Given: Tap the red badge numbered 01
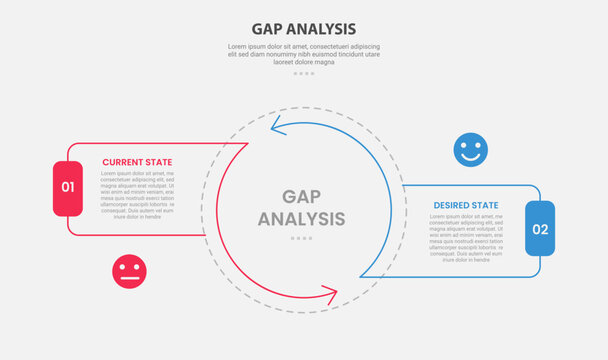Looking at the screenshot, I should tap(68, 187).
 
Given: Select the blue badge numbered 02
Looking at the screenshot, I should tap(540, 228).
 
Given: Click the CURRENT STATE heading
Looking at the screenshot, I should tap(137, 162).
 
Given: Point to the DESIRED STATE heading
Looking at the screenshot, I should tap(466, 205).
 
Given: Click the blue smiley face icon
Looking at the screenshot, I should tap(470, 150).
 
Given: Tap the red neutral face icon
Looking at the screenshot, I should tap(129, 272).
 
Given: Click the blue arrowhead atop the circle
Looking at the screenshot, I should tap(279, 127).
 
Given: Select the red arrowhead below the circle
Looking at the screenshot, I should tap(329, 294).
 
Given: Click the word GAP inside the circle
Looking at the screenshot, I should tap(302, 197).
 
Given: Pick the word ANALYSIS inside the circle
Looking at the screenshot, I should tap(302, 219).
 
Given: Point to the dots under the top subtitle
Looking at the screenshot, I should tap(303, 74).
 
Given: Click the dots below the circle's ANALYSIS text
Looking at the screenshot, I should tap(302, 239).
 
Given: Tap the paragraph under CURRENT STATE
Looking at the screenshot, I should tap(137, 195).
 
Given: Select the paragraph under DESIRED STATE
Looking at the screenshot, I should tap(466, 238).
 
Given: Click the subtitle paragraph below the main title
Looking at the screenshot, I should tap(303, 54).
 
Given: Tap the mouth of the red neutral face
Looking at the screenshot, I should tap(129, 278).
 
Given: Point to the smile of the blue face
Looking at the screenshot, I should tap(470, 157).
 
